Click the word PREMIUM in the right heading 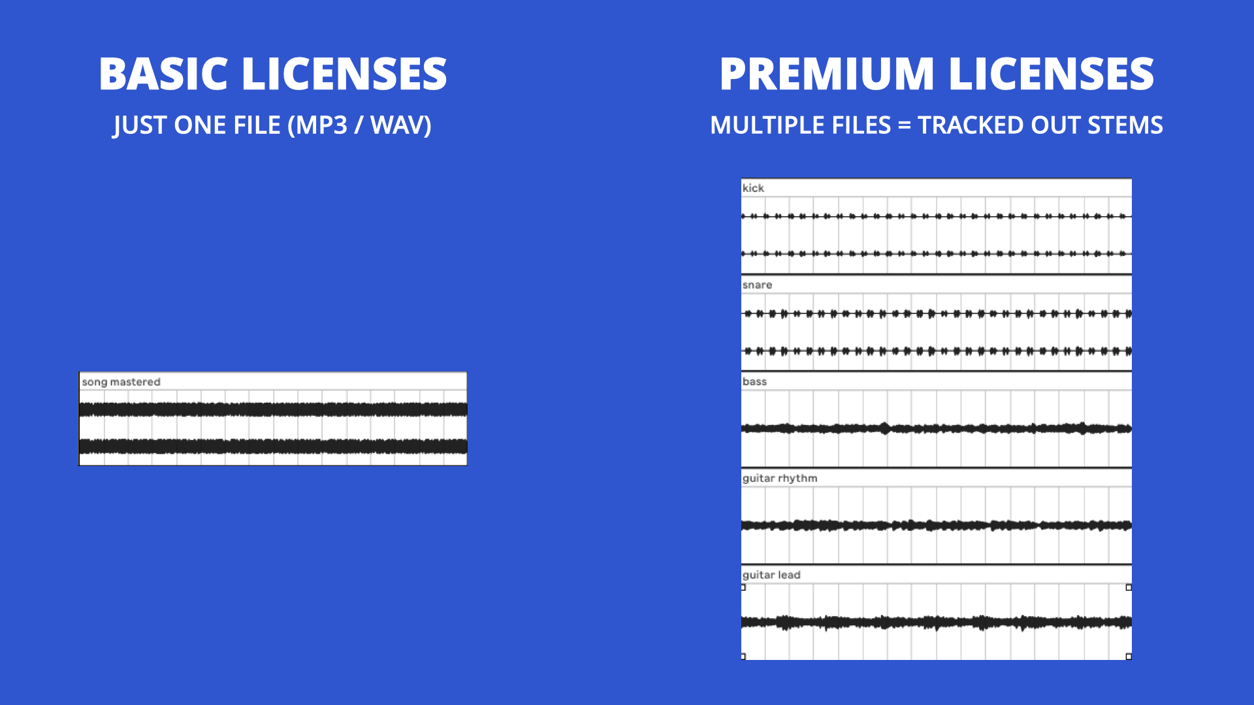[827, 74]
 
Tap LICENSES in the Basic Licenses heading [344, 74]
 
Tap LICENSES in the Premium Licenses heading [1051, 74]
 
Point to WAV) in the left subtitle [401, 125]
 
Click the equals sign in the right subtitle [904, 125]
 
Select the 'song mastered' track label [121, 382]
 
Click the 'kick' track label [753, 188]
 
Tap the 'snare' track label [757, 285]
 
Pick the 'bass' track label [754, 382]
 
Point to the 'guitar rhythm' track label [780, 478]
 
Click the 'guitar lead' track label [771, 575]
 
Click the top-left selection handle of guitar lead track [743, 587]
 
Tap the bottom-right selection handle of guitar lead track [1129, 657]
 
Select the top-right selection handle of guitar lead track [1129, 587]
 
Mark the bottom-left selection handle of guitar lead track [743, 657]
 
